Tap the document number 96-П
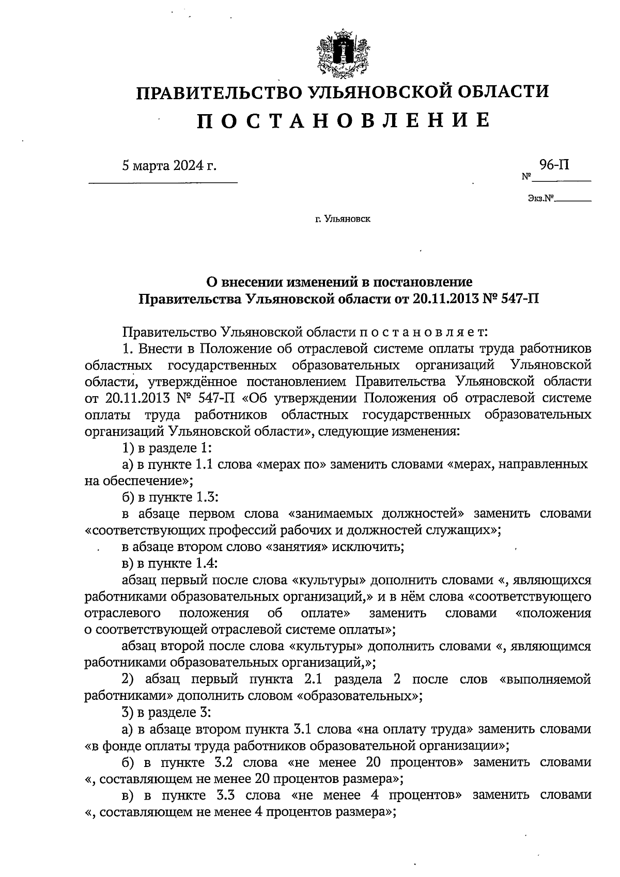[555, 165]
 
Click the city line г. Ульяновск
[343, 220]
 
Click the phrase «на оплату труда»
[415, 729]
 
